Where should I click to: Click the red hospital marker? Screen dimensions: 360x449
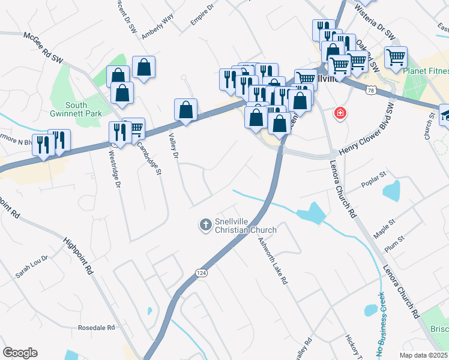point(340,113)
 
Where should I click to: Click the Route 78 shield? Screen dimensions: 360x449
point(372,90)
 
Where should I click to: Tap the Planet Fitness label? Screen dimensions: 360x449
point(426,71)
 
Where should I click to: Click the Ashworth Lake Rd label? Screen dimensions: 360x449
point(274,261)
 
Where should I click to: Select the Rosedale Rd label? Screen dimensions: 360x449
point(96,328)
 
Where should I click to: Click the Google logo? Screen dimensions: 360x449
point(20,353)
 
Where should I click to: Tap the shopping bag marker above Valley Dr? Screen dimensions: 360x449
point(186,110)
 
